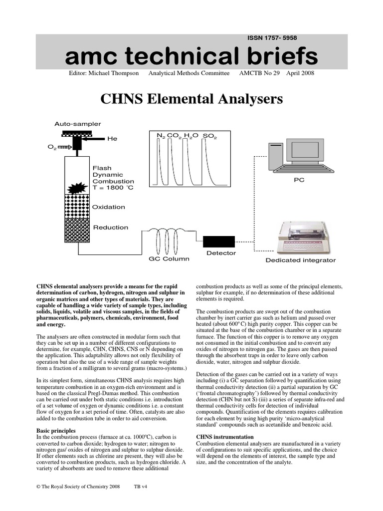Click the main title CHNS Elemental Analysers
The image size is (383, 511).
(x=191, y=99)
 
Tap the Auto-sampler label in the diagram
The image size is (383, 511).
(x=77, y=123)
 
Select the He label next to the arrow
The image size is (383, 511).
(x=112, y=139)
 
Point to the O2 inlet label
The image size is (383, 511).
(x=52, y=147)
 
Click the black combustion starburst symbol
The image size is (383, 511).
(x=78, y=188)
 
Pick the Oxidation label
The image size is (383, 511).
(x=109, y=207)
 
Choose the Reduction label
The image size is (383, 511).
(x=110, y=227)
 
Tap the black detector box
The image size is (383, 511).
(x=219, y=241)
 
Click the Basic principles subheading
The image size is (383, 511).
(x=57, y=430)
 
